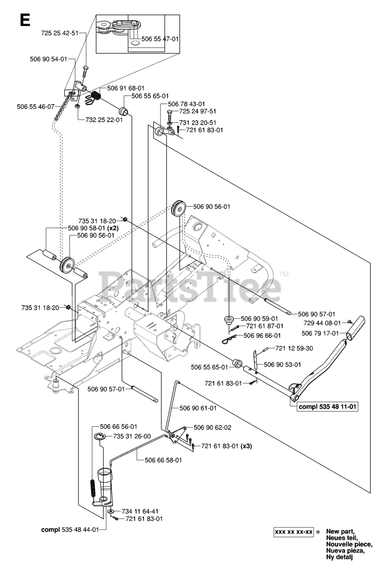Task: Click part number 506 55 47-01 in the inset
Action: pyautogui.click(x=160, y=39)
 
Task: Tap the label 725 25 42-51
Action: pyautogui.click(x=59, y=33)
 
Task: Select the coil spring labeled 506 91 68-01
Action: pyautogui.click(x=96, y=96)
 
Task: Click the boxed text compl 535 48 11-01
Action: pyautogui.click(x=330, y=407)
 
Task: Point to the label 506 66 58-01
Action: pyautogui.click(x=163, y=460)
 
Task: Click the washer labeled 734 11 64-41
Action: pyautogui.click(x=110, y=511)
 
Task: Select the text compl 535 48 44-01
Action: pyautogui.click(x=70, y=529)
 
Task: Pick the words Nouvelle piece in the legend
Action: pyautogui.click(x=349, y=544)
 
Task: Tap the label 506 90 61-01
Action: pyautogui.click(x=198, y=408)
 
